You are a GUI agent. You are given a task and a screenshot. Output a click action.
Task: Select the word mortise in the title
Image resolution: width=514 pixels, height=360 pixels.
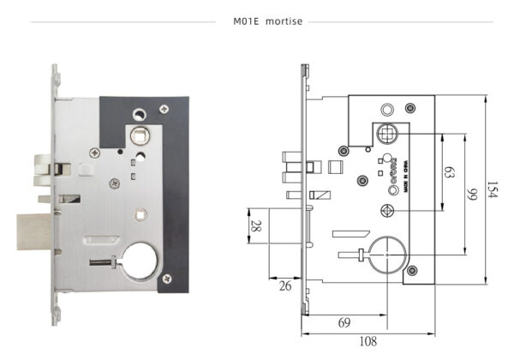click(283, 21)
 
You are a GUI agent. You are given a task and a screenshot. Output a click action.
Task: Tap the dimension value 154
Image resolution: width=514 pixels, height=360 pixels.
click(492, 190)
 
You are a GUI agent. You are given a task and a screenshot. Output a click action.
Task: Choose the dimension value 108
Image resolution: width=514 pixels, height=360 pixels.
click(368, 340)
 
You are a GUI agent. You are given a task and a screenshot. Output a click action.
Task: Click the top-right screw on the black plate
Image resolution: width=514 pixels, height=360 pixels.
click(164, 110)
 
